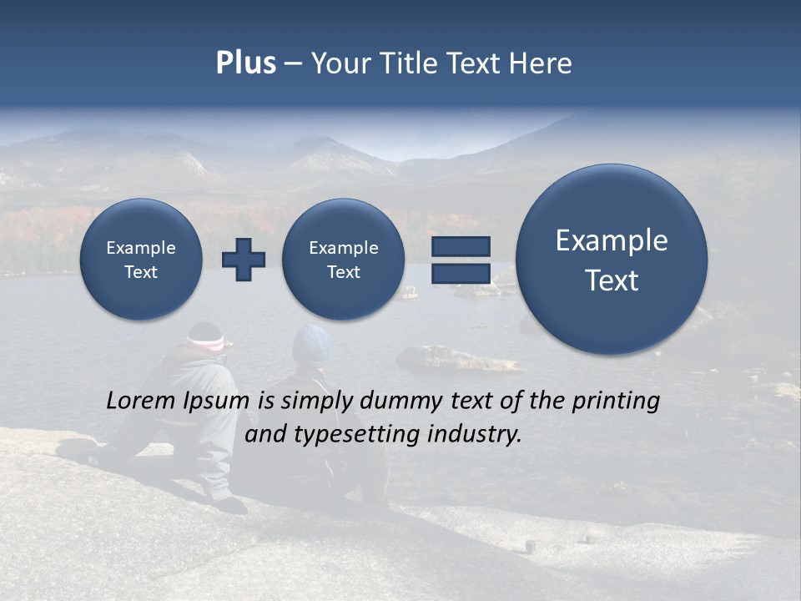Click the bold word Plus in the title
pyautogui.click(x=245, y=63)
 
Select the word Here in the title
pyautogui.click(x=542, y=63)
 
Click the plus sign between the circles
pyautogui.click(x=244, y=259)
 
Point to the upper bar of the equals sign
pyautogui.click(x=460, y=246)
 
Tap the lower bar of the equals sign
pyautogui.click(x=460, y=273)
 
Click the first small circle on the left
pyautogui.click(x=141, y=259)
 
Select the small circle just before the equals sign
pyautogui.click(x=343, y=259)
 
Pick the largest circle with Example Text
pyautogui.click(x=612, y=260)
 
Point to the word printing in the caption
pyautogui.click(x=615, y=402)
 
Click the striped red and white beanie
pyautogui.click(x=205, y=337)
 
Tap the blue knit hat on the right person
pyautogui.click(x=311, y=343)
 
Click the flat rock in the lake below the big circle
pyautogui.click(x=458, y=360)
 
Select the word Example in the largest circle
pyautogui.click(x=612, y=240)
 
